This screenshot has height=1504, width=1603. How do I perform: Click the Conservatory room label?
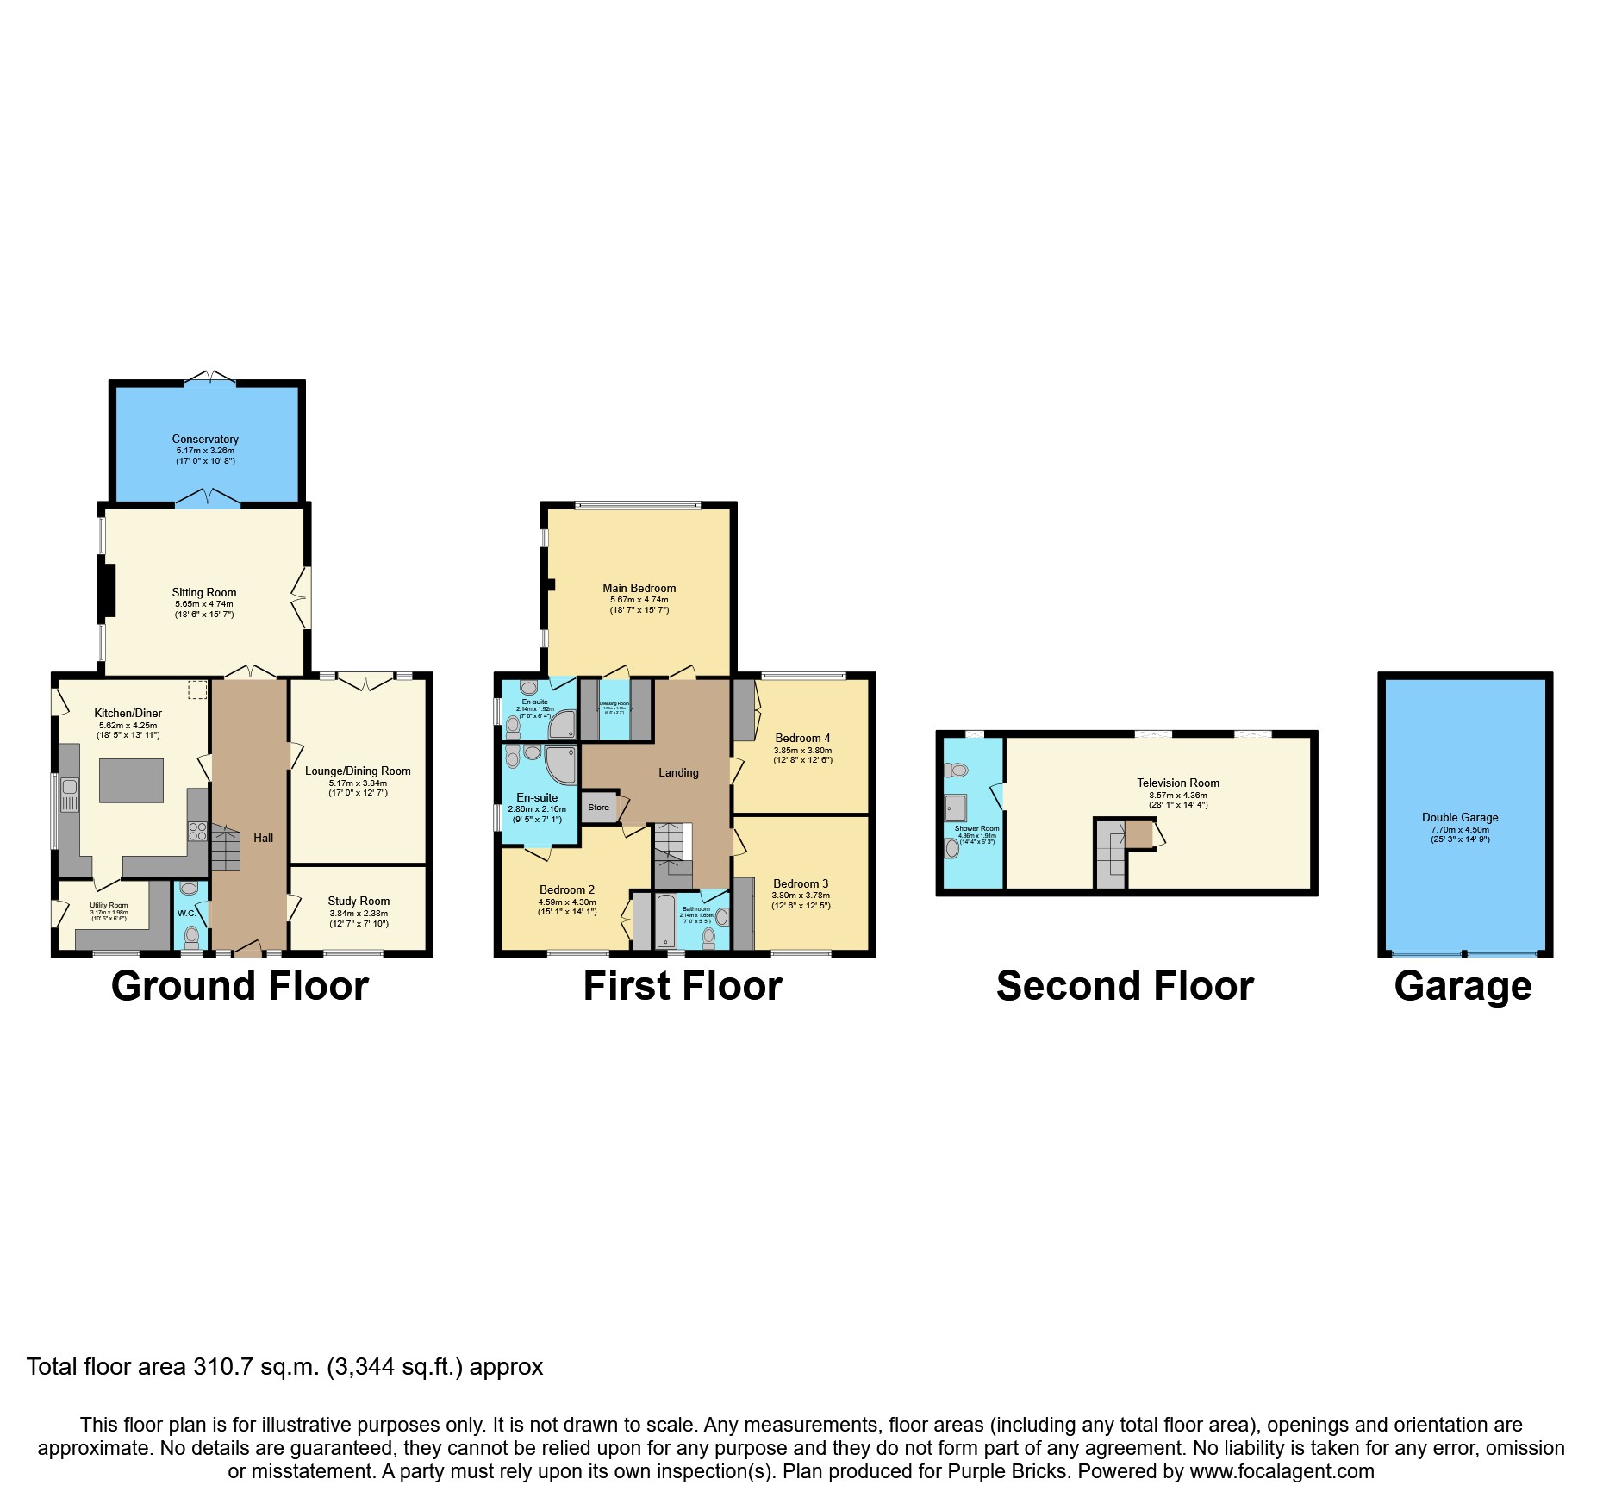pos(204,439)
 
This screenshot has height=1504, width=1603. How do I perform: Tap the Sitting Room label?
pos(203,592)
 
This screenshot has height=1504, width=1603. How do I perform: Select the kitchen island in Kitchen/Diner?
pos(132,780)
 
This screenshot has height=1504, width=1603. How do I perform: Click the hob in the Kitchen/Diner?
pos(197,832)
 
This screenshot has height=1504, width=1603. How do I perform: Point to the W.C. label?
pos(186,913)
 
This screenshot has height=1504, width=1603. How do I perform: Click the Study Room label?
pos(359,901)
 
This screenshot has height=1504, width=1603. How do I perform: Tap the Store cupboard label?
pos(598,808)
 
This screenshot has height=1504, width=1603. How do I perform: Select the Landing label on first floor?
pos(678,772)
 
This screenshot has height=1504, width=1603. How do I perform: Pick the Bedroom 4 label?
pos(802,738)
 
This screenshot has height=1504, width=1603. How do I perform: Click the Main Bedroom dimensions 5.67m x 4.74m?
pos(639,600)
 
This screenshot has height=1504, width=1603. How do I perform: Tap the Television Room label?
pos(1178,783)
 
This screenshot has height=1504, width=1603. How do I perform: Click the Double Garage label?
pos(1460,817)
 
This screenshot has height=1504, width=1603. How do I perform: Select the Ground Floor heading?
pos(240,986)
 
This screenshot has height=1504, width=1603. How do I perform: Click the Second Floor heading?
pos(1125,986)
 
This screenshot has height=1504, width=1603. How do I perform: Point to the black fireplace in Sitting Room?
pos(107,590)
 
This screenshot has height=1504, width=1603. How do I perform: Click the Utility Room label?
pos(109,905)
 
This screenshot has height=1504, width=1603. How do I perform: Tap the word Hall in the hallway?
pos(263,838)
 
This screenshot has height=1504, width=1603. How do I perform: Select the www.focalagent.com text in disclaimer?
pos(1282,1471)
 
